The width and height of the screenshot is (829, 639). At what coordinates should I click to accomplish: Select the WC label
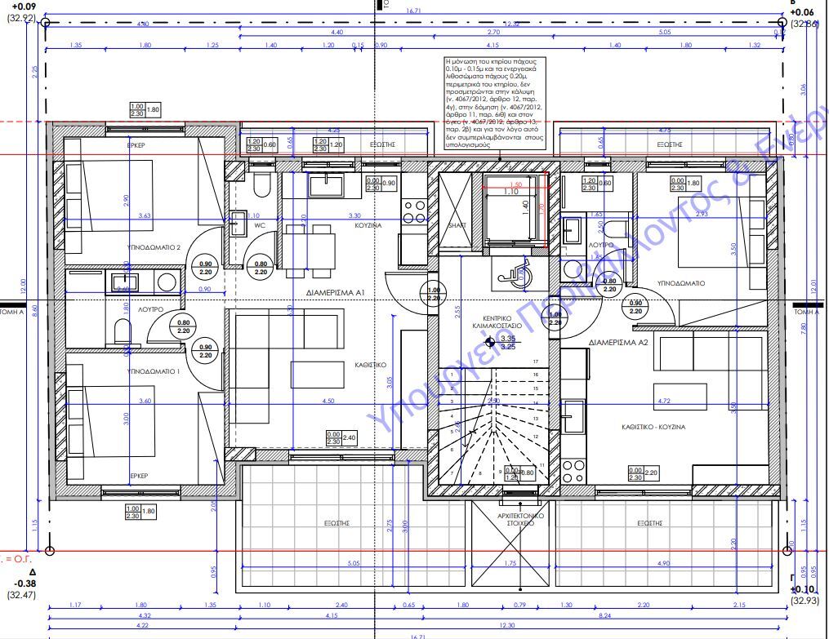tap(259, 225)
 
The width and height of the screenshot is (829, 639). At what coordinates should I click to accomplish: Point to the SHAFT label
tap(456, 225)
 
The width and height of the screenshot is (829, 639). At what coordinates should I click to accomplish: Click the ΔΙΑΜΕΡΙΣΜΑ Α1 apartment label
tap(335, 291)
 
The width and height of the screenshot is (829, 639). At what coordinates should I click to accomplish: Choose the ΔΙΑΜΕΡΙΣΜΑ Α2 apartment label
tap(618, 343)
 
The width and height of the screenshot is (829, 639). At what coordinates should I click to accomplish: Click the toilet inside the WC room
tap(262, 188)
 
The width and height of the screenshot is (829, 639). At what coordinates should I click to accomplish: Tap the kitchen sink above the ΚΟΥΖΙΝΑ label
tap(330, 185)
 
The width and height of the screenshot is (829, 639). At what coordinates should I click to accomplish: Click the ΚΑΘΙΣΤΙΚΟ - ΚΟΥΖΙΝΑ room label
tap(653, 427)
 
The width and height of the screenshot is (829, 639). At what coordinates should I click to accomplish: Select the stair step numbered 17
tap(536, 362)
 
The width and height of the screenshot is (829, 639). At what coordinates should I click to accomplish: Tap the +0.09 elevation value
tap(18, 6)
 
